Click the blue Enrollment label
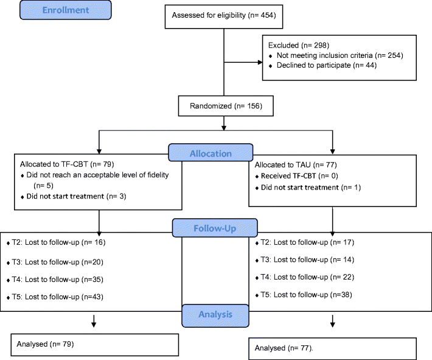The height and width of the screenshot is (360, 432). [x=65, y=10]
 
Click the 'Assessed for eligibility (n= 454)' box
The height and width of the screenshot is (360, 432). [x=225, y=15]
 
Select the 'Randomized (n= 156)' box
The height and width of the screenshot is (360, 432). [x=225, y=107]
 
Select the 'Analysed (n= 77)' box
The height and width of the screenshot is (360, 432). [x=332, y=348]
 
